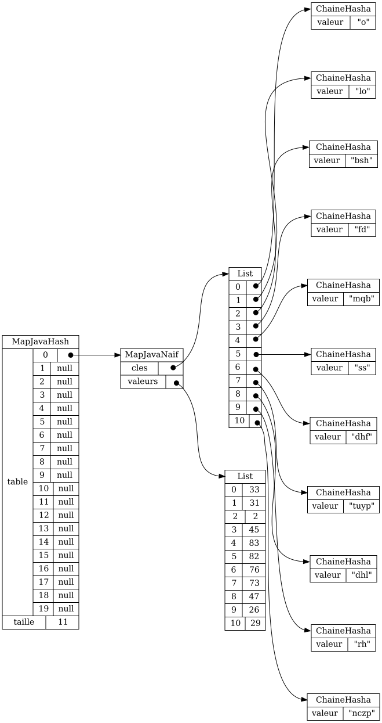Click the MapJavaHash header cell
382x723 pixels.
pyautogui.click(x=40, y=342)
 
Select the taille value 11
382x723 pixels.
pyautogui.click(x=63, y=622)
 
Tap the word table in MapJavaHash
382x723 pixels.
pyautogui.click(x=17, y=482)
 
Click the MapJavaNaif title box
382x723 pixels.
pyautogui.click(x=152, y=355)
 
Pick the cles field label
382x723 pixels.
pyautogui.click(x=140, y=368)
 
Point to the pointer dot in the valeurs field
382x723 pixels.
pyautogui.click(x=176, y=383)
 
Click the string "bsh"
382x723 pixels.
pyautogui.click(x=361, y=160)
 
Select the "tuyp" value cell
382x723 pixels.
pyautogui.click(x=362, y=506)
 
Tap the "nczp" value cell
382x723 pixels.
pyautogui.click(x=361, y=713)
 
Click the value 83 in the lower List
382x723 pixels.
pyautogui.click(x=254, y=543)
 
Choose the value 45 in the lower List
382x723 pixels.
pyautogui.click(x=254, y=530)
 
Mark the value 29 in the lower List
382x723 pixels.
pyautogui.click(x=255, y=623)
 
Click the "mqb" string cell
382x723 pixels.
pyautogui.click(x=361, y=298)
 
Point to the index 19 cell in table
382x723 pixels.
pyautogui.click(x=43, y=609)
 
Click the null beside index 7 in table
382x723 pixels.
pyautogui.click(x=64, y=448)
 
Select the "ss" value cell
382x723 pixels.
pyautogui.click(x=362, y=368)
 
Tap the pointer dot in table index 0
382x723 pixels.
pyautogui.click(x=71, y=355)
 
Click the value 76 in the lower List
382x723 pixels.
pyautogui.click(x=254, y=570)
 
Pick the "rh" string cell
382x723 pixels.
pyautogui.click(x=362, y=644)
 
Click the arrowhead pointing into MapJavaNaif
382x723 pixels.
pyautogui.click(x=118, y=355)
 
